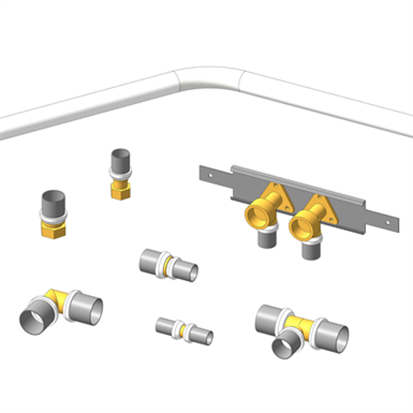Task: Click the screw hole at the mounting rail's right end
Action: [x=387, y=218]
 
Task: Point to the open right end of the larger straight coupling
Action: [x=192, y=273]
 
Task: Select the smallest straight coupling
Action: [x=184, y=330]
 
